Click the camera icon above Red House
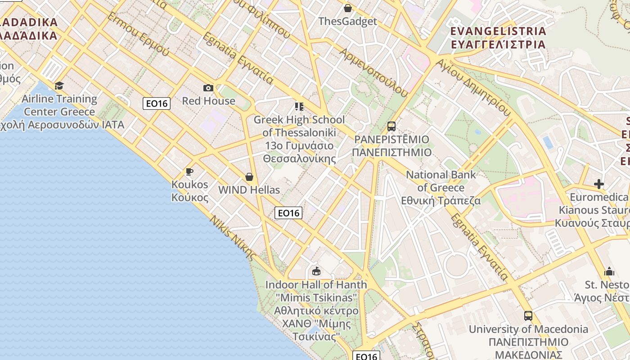coord(208,88)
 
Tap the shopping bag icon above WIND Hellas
coord(249,177)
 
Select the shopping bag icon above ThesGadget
coord(347,8)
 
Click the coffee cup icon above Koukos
coord(189,171)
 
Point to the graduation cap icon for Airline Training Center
coord(59,85)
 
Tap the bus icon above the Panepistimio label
coord(391,126)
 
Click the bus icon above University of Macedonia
coord(528,316)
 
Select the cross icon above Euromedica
coord(598,184)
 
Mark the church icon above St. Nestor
coord(609,271)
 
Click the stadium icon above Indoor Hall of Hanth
coord(316,271)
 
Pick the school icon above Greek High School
coord(299,107)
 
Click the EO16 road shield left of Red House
coord(157,103)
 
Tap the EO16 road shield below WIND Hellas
coord(288,213)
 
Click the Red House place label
coord(208,101)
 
